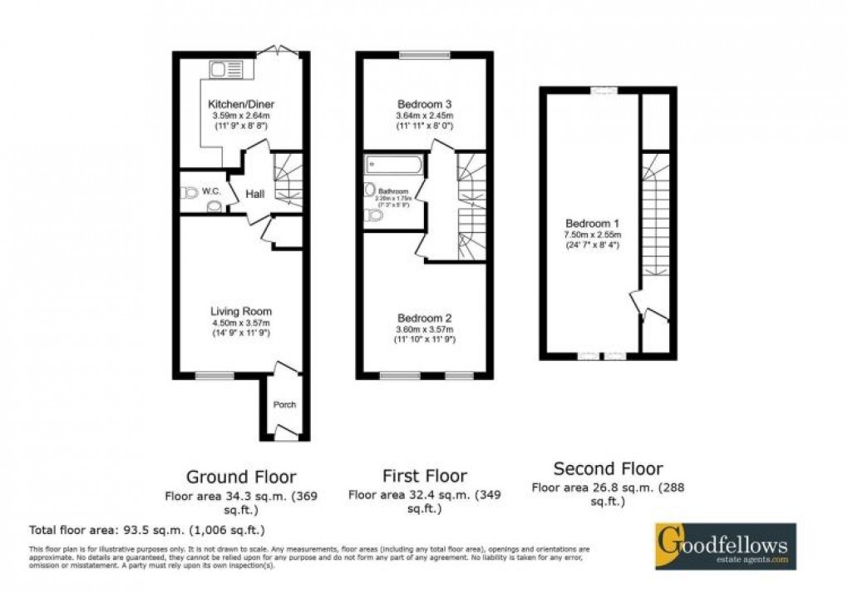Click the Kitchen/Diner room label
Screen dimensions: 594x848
click(240, 104)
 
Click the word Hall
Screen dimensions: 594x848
click(255, 194)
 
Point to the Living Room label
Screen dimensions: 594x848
click(240, 311)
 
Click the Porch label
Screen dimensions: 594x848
click(284, 405)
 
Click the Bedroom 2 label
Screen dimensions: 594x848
click(424, 318)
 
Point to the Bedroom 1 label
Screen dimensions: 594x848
click(592, 223)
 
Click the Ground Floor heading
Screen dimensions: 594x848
click(240, 477)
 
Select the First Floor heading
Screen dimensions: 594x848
click(424, 476)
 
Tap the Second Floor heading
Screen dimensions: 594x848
click(608, 468)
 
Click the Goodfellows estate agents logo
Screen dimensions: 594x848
click(725, 546)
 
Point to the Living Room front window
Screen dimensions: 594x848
click(214, 374)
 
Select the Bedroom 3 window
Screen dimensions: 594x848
click(425, 56)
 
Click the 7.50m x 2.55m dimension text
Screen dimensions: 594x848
click(592, 235)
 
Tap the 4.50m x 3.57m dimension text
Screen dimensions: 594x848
click(240, 323)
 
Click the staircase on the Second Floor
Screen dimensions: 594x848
click(656, 225)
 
